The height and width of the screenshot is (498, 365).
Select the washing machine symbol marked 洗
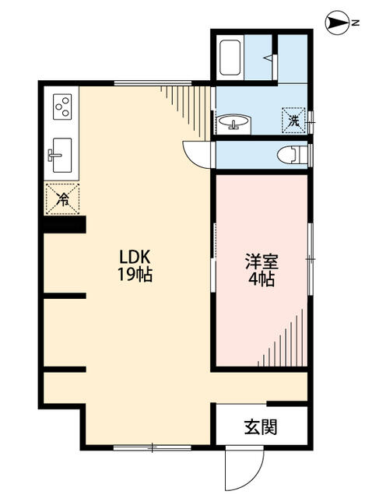point(293,120)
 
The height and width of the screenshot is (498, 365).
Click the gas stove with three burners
point(63,105)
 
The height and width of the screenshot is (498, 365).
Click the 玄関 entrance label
point(261,426)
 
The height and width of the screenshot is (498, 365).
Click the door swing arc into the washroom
point(196,152)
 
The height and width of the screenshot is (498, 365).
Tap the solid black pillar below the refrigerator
point(63,224)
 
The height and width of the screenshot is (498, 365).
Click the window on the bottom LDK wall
point(152,447)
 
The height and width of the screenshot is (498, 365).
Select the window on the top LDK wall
point(163,82)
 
